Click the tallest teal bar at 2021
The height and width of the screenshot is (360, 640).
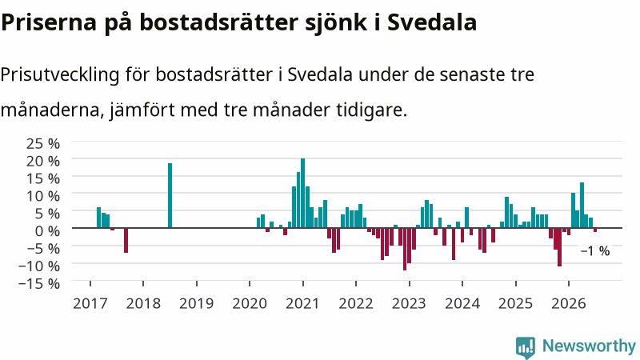pos(303,193)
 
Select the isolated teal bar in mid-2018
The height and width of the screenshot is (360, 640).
pos(170,195)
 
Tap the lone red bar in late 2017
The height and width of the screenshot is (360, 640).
pos(126,241)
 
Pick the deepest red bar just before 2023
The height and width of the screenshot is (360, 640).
pos(405,249)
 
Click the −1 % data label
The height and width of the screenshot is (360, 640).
pos(595,250)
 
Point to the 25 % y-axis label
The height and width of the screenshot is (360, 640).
pos(43,143)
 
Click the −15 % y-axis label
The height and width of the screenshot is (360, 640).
pos(39,283)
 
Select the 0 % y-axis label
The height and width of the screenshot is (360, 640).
pos(47,231)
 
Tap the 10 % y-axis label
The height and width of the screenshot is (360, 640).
pos(43,196)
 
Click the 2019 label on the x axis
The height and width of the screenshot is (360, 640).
pos(196,304)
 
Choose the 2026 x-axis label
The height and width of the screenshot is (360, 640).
pos(569,304)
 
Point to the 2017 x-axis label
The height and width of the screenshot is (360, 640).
pos(90,304)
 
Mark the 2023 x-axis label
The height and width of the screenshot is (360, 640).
pos(409,304)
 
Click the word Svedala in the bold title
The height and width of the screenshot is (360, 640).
pos(432,22)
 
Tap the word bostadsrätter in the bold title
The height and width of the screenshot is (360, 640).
pos(218,22)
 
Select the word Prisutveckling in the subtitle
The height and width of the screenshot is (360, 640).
pos(60,75)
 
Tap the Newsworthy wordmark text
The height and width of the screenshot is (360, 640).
pos(589,346)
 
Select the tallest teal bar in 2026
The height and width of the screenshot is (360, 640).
pos(582,205)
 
